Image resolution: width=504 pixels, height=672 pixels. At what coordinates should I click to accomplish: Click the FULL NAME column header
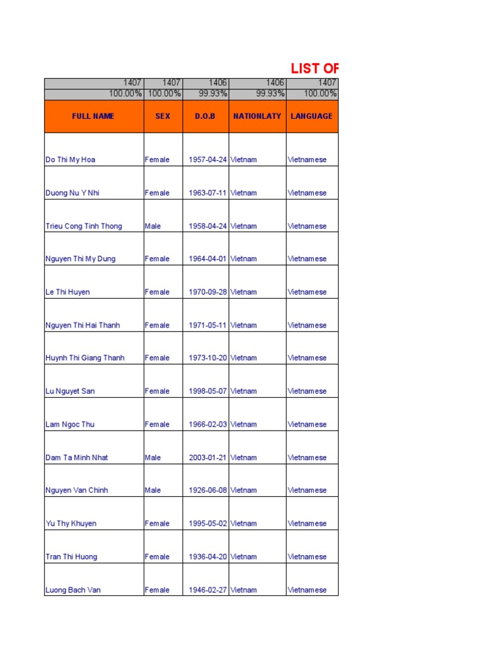tap(93, 116)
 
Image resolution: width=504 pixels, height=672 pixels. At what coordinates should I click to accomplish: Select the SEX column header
tap(163, 116)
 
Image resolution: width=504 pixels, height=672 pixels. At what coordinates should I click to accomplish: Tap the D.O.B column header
tap(205, 116)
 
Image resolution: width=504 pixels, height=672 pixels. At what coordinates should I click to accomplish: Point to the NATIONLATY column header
tap(257, 116)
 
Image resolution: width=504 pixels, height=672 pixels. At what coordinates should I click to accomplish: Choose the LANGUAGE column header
tap(312, 116)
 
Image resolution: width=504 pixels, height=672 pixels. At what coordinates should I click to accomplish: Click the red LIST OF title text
tap(315, 68)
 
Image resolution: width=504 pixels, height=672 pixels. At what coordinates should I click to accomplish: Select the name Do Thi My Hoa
tap(72, 160)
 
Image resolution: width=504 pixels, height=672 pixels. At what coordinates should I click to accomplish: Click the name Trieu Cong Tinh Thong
tap(83, 226)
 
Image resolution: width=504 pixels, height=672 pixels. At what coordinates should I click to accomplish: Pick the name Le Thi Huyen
tap(68, 292)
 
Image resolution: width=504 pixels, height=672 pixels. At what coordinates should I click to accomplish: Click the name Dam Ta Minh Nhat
tap(77, 457)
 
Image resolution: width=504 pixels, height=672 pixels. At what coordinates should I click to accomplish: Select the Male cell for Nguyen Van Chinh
tap(154, 490)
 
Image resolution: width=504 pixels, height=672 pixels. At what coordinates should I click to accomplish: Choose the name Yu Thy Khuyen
tap(71, 524)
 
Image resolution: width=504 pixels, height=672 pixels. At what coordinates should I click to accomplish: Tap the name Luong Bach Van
tap(73, 590)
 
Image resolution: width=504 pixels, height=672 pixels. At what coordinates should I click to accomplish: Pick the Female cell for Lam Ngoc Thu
tap(157, 425)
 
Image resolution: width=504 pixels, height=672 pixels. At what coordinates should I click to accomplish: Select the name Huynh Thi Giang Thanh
tap(85, 358)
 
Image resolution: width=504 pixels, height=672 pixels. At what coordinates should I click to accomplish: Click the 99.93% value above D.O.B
tap(214, 94)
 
